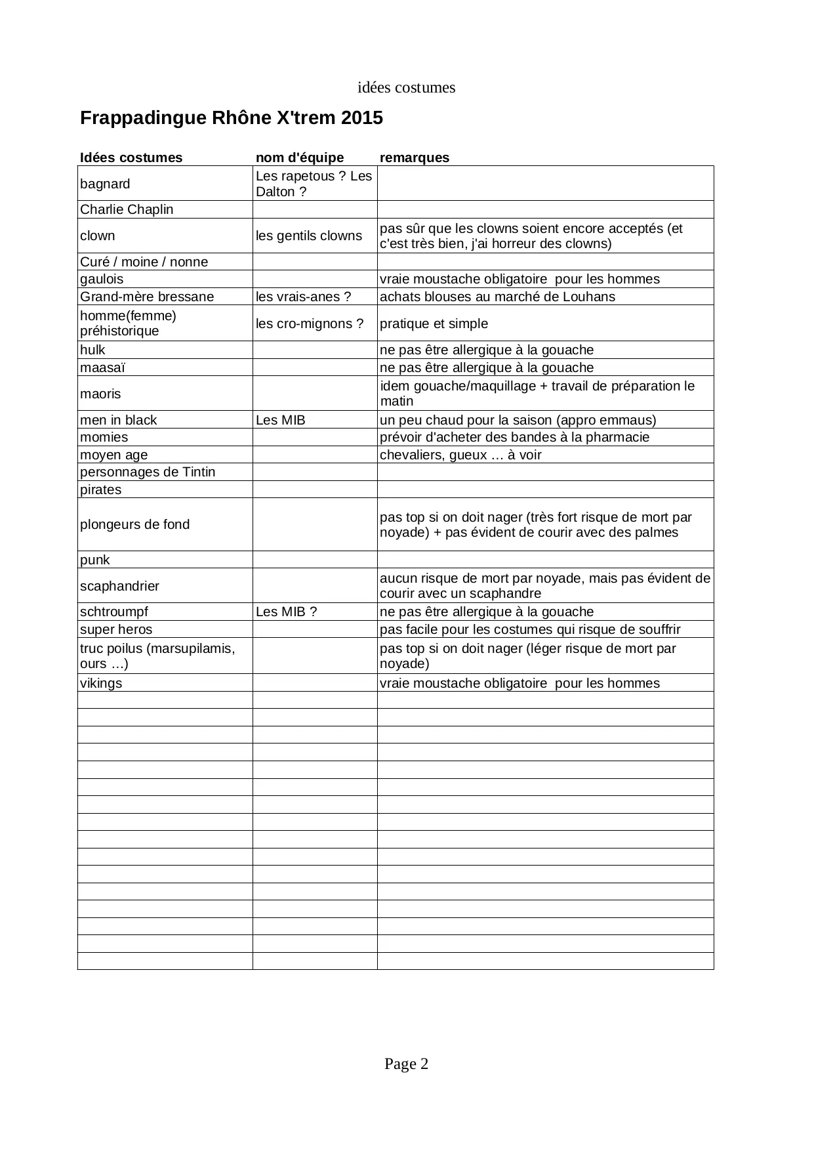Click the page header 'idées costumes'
[x=406, y=88]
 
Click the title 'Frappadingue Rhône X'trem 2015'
[x=231, y=118]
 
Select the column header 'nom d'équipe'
[x=299, y=157]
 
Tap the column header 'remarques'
[x=414, y=157]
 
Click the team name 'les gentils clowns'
[x=308, y=236]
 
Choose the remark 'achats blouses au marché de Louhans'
[x=497, y=297]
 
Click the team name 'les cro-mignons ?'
[x=309, y=324]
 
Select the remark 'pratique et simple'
[x=434, y=324]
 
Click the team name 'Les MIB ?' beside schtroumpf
[x=286, y=612]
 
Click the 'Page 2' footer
[x=406, y=1064]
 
